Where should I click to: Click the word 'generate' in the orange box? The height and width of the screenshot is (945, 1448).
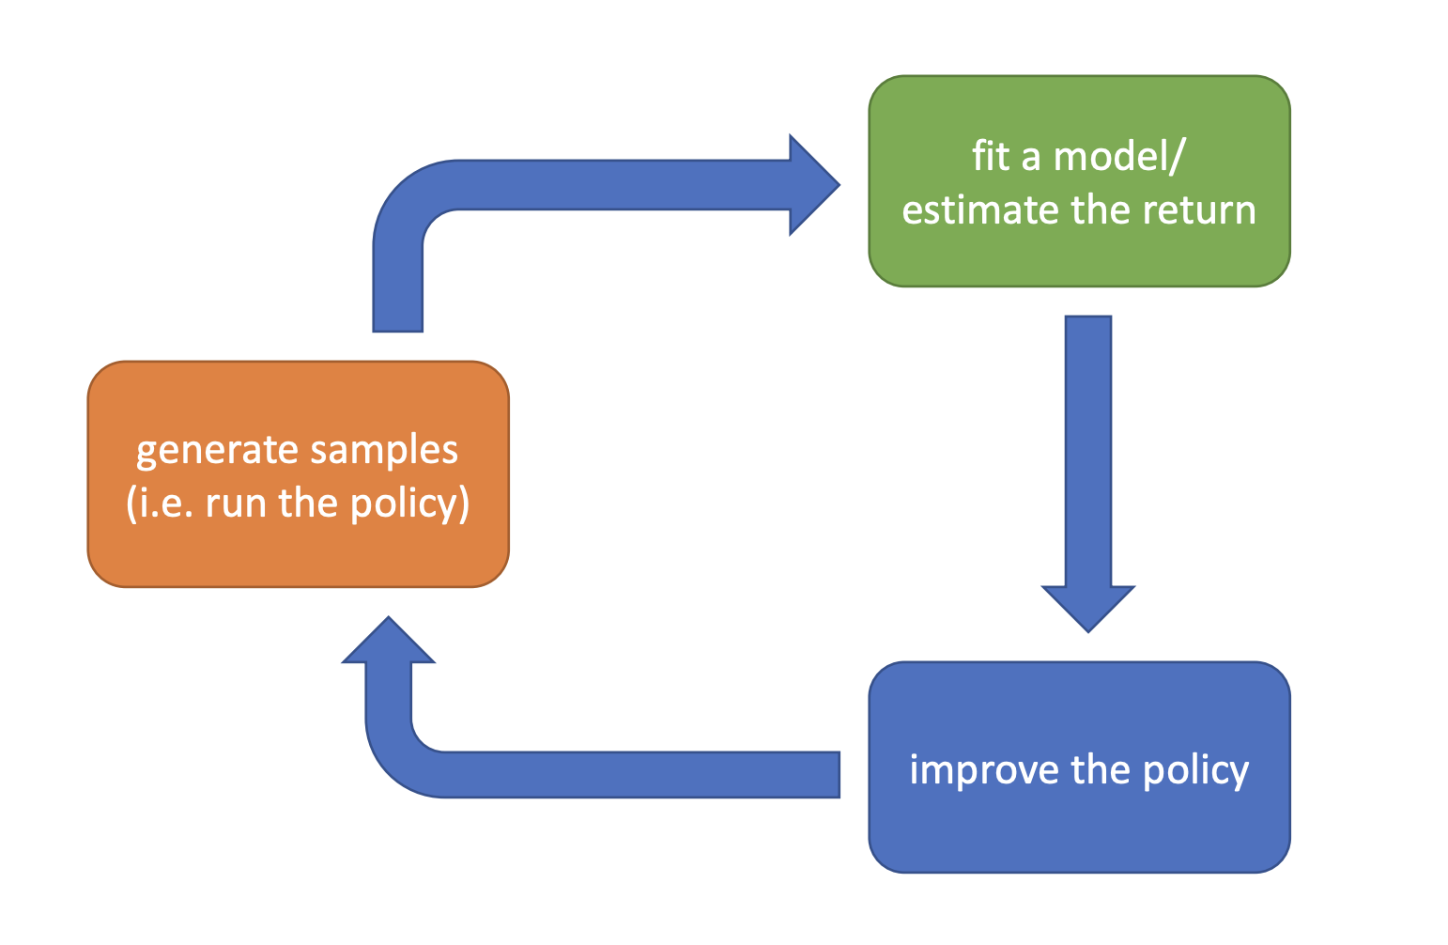coord(217,452)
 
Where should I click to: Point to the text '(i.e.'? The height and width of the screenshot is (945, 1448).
coord(161,503)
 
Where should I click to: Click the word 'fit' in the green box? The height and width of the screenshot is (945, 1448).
coord(991,156)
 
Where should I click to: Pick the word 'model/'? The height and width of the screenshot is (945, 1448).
coord(1119,157)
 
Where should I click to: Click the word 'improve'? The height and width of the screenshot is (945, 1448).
coord(984,771)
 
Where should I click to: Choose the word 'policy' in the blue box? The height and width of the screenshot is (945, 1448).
coord(1196,771)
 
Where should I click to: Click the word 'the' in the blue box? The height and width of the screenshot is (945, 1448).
coord(1101,769)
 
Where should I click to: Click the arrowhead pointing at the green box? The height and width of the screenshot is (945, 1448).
coord(814,185)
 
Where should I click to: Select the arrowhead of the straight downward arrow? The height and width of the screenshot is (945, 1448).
coord(1088,609)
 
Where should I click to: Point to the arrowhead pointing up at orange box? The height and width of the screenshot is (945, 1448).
coord(389,640)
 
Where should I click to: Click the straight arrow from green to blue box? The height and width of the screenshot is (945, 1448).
coord(1088,473)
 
